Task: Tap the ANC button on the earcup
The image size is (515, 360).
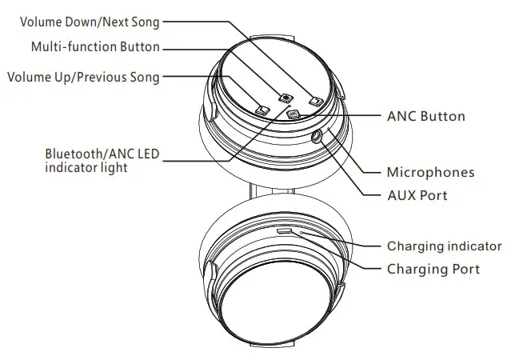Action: point(293,114)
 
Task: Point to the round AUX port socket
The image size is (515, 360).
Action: point(317,137)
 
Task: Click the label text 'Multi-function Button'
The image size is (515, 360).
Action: point(95,47)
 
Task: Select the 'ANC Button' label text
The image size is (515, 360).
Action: point(425,116)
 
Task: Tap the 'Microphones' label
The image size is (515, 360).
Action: point(430,172)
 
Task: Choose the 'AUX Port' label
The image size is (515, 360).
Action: point(417,195)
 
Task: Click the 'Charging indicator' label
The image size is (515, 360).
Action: point(444,246)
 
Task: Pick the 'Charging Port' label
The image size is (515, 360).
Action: point(433,269)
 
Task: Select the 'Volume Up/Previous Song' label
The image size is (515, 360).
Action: point(82,77)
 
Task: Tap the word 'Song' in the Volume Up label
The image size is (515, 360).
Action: point(144,77)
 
